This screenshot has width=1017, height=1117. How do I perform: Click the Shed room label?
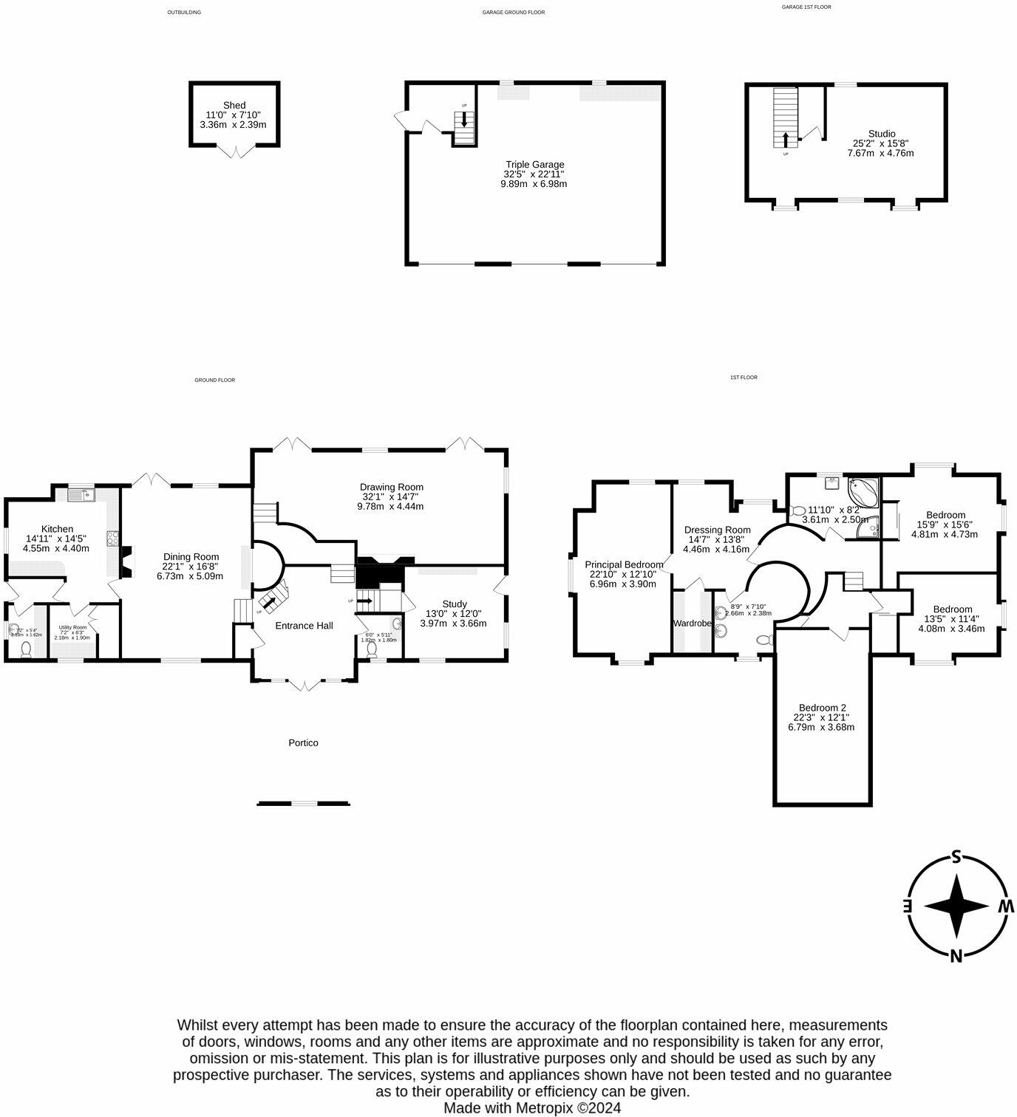coord(234,106)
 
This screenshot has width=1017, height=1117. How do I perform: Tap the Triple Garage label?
coord(534,165)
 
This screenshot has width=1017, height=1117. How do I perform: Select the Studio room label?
coord(881,134)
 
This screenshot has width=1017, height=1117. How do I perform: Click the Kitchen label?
coord(57,529)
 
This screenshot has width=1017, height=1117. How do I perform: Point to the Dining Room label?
coord(191,557)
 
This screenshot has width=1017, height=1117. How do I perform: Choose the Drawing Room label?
coord(391,488)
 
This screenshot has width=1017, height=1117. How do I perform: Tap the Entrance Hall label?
coord(304,626)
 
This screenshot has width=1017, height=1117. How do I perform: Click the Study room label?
coord(454,604)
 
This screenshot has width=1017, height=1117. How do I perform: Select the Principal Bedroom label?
coord(624,565)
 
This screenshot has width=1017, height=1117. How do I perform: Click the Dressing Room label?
coord(717,530)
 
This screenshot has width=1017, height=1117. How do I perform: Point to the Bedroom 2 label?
coord(821,708)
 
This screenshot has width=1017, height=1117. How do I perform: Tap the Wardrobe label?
coord(692,624)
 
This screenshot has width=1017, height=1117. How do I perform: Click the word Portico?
coord(303,742)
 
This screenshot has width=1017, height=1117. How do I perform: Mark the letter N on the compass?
coord(956,955)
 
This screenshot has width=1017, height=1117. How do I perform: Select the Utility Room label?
coord(72,627)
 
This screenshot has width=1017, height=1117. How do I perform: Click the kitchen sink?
coord(80,495)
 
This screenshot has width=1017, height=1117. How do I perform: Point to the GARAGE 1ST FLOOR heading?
coord(806,7)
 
